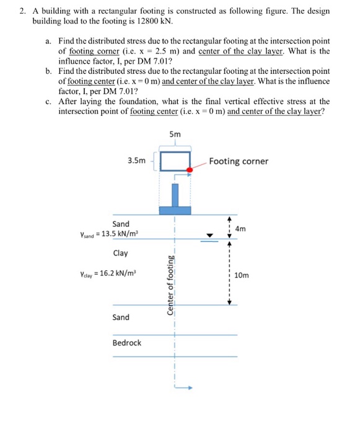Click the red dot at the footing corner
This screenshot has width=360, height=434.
190,169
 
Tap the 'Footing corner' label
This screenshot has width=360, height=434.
239,161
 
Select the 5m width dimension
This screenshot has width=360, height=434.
175,135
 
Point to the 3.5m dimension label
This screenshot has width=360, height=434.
136,161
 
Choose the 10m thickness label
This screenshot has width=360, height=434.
243,273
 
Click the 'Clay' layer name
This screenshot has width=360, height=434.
121,253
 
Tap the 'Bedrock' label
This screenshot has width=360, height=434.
126,342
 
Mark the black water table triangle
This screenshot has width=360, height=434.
210,235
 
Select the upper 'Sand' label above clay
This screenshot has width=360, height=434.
121,224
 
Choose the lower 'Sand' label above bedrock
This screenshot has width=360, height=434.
121,317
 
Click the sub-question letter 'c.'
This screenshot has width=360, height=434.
49,101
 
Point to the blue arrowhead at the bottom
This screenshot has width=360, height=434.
191,387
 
